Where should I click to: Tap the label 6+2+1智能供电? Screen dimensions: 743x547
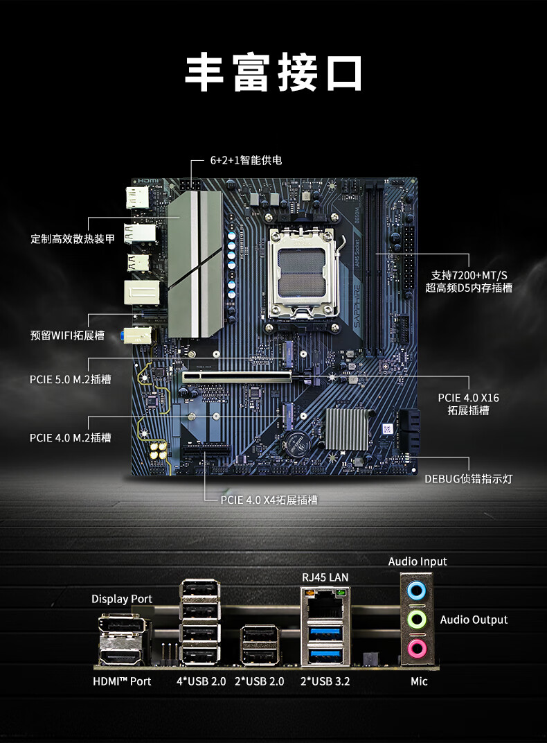pyautogui.click(x=246, y=160)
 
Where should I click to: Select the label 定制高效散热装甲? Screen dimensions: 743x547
pyautogui.click(x=73, y=239)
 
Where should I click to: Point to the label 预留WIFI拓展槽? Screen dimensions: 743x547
pyautogui.click(x=67, y=335)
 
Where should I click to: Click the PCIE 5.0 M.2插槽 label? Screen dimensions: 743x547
pyautogui.click(x=71, y=379)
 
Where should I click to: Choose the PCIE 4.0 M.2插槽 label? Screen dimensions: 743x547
pyautogui.click(x=71, y=437)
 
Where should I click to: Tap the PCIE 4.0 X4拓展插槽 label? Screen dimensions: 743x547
pyautogui.click(x=269, y=499)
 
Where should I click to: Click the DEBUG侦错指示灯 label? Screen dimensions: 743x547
pyautogui.click(x=469, y=479)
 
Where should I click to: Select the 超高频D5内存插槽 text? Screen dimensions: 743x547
pyautogui.click(x=469, y=288)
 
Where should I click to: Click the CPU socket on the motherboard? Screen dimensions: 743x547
pyautogui.click(x=305, y=273)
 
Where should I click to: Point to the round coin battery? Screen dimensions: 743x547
pyautogui.click(x=300, y=443)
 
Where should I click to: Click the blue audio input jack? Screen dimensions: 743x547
pyautogui.click(x=416, y=590)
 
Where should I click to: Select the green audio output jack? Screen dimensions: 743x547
pyautogui.click(x=416, y=619)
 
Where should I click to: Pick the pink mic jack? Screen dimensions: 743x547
pyautogui.click(x=416, y=649)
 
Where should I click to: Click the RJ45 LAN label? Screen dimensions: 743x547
pyautogui.click(x=325, y=577)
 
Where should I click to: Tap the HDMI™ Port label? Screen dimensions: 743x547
pyautogui.click(x=122, y=681)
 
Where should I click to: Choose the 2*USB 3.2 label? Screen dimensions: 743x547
pyautogui.click(x=325, y=681)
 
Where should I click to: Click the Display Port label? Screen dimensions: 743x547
pyautogui.click(x=122, y=599)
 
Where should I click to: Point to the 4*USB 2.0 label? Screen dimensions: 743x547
pyautogui.click(x=201, y=681)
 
